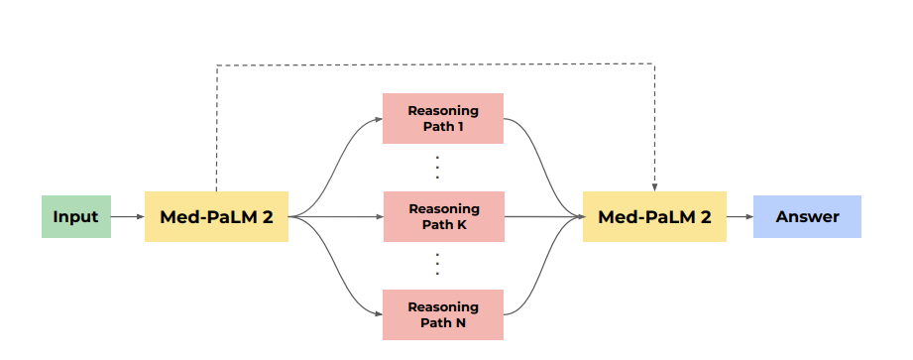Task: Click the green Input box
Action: point(75,217)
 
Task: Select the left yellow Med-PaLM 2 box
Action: point(216,217)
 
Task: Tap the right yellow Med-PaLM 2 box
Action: point(654,217)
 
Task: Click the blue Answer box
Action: point(807,217)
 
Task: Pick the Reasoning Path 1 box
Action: point(443,118)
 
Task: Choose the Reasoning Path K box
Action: point(443,217)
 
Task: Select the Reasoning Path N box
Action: point(443,315)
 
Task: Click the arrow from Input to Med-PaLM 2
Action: point(127,217)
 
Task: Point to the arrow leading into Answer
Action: point(740,217)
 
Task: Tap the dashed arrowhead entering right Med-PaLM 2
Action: point(654,187)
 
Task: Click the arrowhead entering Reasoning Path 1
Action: point(379,118)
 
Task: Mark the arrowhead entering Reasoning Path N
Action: point(379,315)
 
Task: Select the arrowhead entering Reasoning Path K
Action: point(379,217)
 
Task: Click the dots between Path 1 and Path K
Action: point(438,168)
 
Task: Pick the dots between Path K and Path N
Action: point(438,266)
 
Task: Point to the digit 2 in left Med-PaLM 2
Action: point(267,217)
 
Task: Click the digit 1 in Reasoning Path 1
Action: point(460,126)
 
